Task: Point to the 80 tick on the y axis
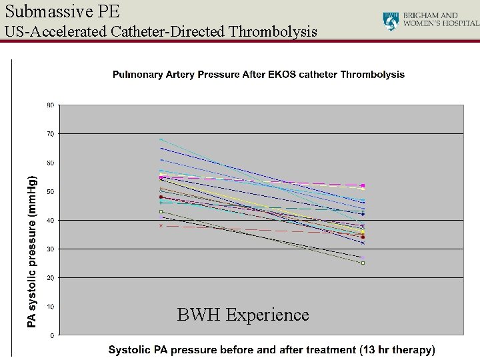click(x=50, y=105)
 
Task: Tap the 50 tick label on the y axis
click(x=50, y=191)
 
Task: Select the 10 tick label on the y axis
click(x=50, y=307)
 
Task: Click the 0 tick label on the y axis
click(x=52, y=335)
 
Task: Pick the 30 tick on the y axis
click(x=50, y=249)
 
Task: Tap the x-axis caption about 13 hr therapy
click(x=271, y=349)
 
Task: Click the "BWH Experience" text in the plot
click(x=243, y=315)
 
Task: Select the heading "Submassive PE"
click(x=63, y=10)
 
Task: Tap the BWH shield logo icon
click(x=391, y=21)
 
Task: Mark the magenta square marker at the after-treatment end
click(x=363, y=185)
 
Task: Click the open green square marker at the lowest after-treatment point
click(x=363, y=263)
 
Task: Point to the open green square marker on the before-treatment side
click(x=161, y=212)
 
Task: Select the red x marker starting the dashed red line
click(x=161, y=226)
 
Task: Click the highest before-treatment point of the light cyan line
click(x=161, y=139)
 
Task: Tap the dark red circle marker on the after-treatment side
click(x=363, y=237)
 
